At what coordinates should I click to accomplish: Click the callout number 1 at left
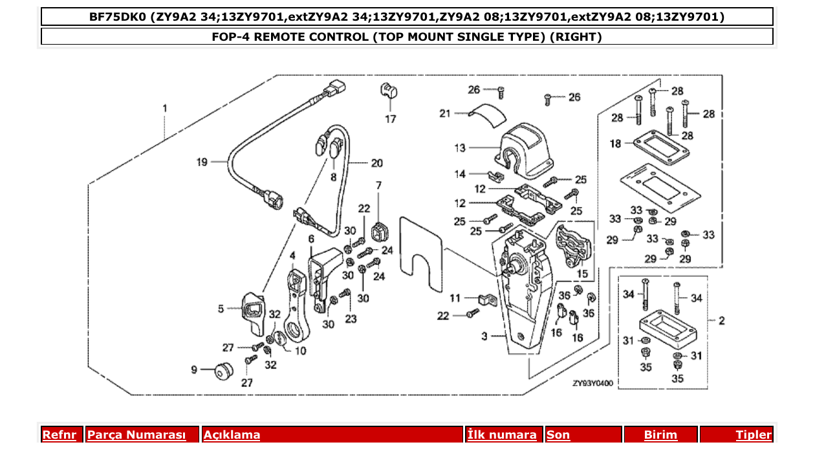pos(164,108)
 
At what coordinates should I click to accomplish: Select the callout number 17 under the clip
pos(391,119)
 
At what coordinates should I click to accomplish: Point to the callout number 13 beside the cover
pos(460,148)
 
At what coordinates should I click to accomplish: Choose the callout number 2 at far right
pos(722,320)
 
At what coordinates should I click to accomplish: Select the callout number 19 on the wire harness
pos(202,162)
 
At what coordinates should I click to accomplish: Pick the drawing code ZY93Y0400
pos(592,383)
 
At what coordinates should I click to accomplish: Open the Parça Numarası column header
pos(136,435)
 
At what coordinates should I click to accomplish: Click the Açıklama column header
pos(232,435)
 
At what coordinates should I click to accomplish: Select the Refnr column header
pos(59,435)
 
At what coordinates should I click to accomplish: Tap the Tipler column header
pos(754,435)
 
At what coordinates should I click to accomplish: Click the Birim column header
pos(660,435)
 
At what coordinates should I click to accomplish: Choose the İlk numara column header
pos(501,435)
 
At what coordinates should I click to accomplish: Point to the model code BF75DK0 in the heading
pos(117,17)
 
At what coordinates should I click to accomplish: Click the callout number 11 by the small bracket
pos(455,298)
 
